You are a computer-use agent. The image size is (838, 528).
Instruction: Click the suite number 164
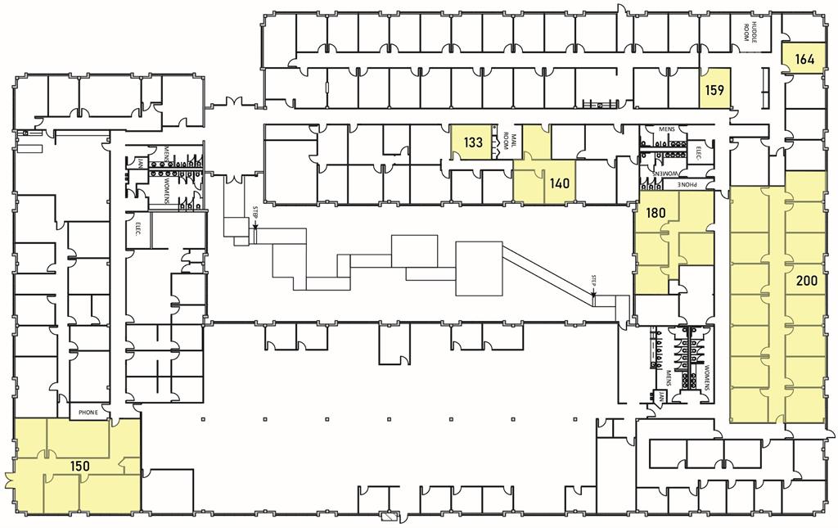tap(804, 58)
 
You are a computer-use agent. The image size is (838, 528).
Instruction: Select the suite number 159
tap(714, 90)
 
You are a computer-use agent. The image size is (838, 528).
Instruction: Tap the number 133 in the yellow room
tap(473, 142)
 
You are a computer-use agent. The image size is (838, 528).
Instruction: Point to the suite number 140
tap(560, 183)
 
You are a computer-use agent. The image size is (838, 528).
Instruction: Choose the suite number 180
tap(656, 213)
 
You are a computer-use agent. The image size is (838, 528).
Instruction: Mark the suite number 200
tap(806, 281)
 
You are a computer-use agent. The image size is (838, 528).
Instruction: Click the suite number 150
tap(79, 467)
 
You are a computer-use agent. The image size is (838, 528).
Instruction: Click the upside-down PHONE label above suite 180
tap(696, 185)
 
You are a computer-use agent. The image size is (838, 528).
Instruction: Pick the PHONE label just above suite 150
tap(88, 413)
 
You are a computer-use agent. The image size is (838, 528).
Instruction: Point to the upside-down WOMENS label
tap(665, 174)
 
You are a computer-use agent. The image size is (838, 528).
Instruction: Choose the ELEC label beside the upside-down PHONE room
tap(698, 151)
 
